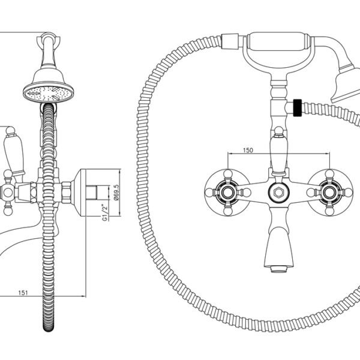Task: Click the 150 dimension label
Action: pyautogui.click(x=248, y=150)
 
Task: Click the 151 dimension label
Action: pyautogui.click(x=23, y=293)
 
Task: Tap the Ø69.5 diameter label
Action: pyautogui.click(x=116, y=193)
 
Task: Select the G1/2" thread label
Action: pyautogui.click(x=105, y=212)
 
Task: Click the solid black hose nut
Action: pyautogui.click(x=298, y=107)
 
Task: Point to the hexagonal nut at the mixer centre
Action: pyautogui.click(x=279, y=193)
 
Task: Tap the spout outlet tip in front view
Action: pyautogui.click(x=279, y=269)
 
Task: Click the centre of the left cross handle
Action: pyautogui.click(x=227, y=193)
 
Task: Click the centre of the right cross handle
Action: pyautogui.click(x=329, y=193)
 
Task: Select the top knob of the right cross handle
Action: pyautogui.click(x=329, y=173)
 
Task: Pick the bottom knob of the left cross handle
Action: pyautogui.click(x=227, y=212)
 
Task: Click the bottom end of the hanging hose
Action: pyautogui.click(x=49, y=329)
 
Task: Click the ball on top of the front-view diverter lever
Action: pyautogui.click(x=279, y=131)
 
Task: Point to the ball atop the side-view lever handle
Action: pyautogui.click(x=10, y=131)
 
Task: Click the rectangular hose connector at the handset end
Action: pyautogui.click(x=230, y=41)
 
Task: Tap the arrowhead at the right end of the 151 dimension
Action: pyautogui.click(x=84, y=296)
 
